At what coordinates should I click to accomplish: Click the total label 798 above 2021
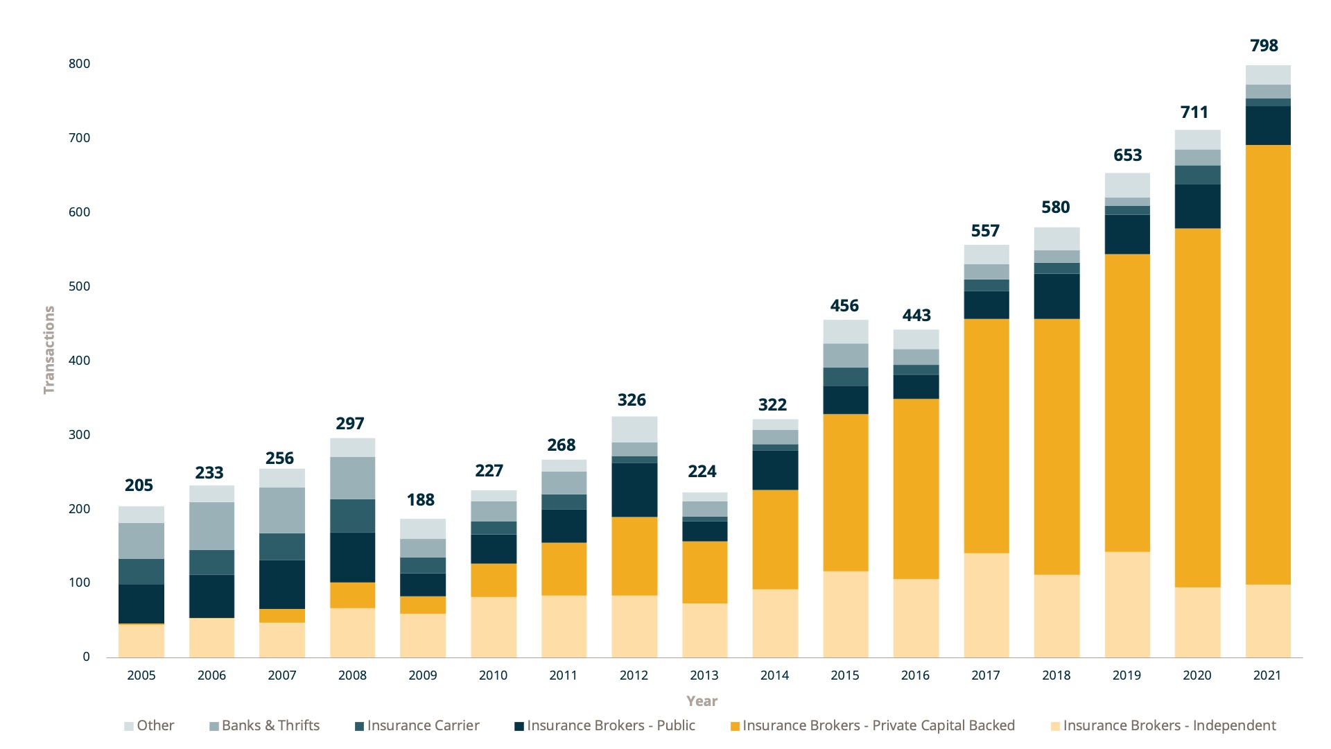[x=1264, y=46]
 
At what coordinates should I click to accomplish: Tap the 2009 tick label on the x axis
[x=423, y=675]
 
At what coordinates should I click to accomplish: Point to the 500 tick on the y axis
[x=79, y=286]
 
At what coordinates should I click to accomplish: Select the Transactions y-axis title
[x=49, y=350]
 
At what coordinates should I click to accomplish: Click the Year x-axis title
[x=702, y=701]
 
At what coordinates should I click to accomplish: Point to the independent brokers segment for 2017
[x=986, y=605]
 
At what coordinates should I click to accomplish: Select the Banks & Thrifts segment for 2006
[x=211, y=526]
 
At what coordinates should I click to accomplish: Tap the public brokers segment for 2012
[x=634, y=490]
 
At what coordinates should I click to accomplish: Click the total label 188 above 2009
[x=421, y=500]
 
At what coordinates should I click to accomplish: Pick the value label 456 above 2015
[x=844, y=306]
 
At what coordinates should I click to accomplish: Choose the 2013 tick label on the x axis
[x=704, y=675]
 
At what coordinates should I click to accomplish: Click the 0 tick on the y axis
[x=86, y=657]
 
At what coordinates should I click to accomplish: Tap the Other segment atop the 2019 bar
[x=1127, y=185]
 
